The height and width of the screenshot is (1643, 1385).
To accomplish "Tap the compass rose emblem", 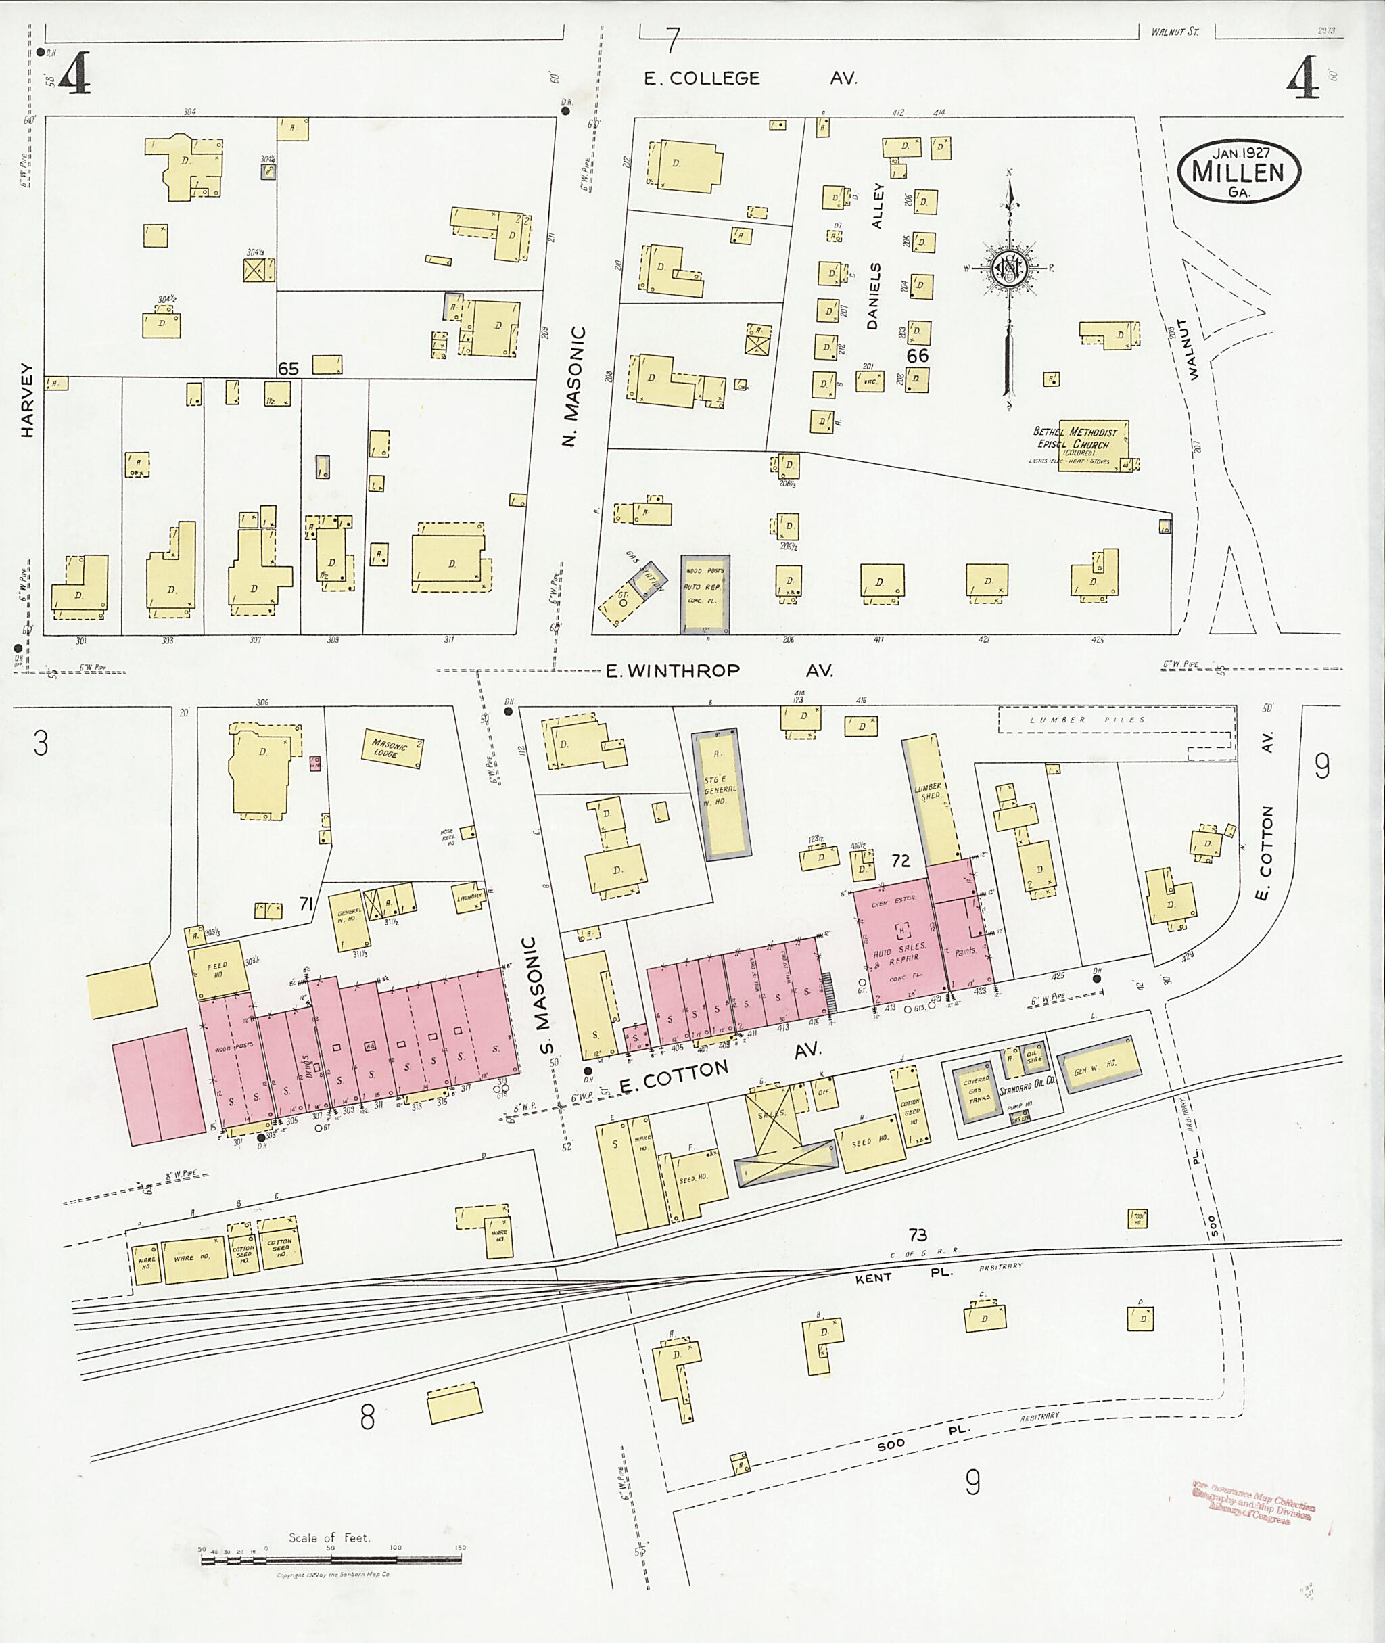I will [x=1008, y=269].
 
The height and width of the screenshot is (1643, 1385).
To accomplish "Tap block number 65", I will [x=288, y=369].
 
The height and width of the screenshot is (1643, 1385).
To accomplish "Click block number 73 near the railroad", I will [x=917, y=1235].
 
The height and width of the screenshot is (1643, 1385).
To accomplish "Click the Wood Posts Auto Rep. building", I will [x=704, y=594].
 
